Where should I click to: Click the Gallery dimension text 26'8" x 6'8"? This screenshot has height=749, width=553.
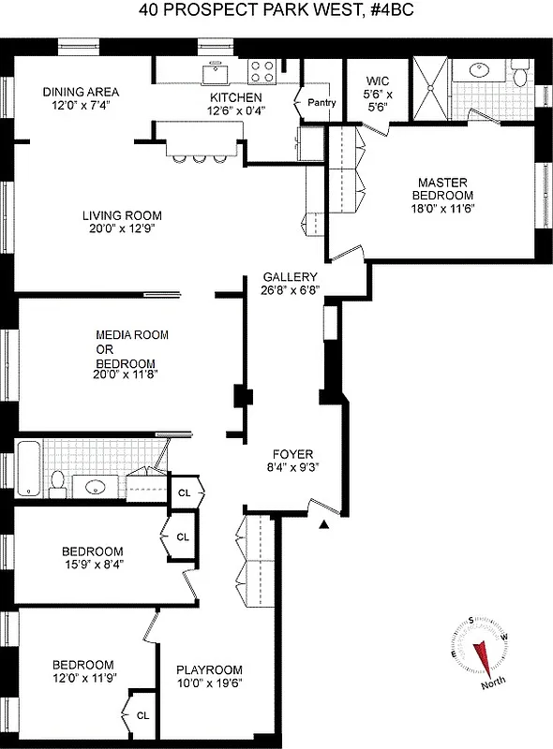pos(291,290)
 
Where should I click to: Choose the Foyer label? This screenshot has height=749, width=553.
pos(287,454)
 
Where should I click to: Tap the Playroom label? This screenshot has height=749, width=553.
pos(209,670)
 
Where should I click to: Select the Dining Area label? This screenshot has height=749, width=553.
pos(81,92)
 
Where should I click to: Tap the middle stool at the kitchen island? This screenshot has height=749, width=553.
pos(199,157)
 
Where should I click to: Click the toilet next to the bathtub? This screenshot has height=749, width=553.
pos(58,482)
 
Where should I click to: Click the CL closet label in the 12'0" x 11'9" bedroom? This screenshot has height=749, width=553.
pos(142,714)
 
